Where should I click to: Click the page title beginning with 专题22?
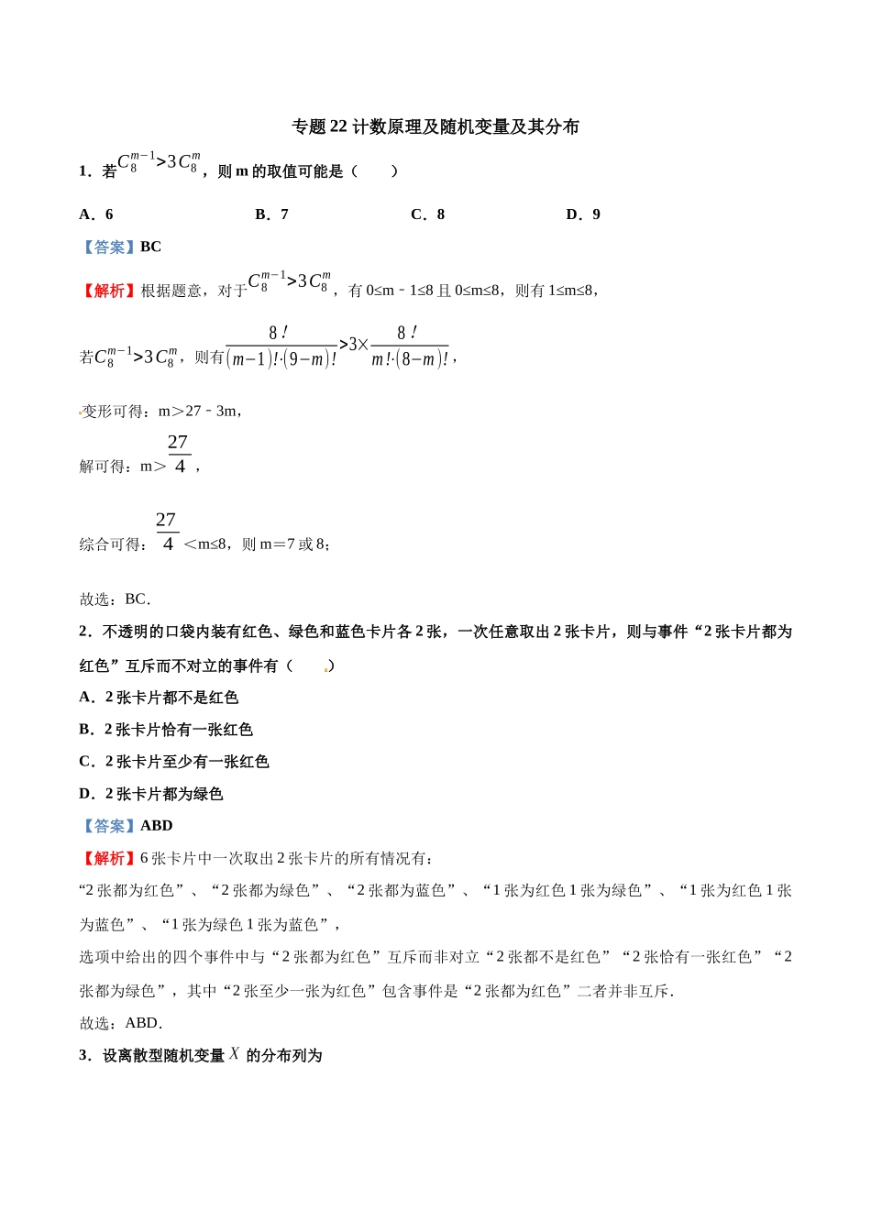(435, 126)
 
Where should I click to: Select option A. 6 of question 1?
(96, 214)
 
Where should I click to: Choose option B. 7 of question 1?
(271, 214)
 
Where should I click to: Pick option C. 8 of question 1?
(427, 214)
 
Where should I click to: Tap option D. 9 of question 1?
(583, 214)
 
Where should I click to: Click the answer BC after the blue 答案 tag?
(150, 247)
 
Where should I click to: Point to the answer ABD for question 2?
(156, 826)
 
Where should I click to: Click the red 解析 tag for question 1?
(109, 291)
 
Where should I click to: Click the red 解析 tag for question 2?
(109, 858)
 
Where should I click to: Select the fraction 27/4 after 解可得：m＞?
(179, 455)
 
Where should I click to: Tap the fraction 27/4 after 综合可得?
(167, 533)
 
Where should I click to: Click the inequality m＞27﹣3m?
(198, 412)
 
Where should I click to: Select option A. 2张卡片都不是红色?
(159, 698)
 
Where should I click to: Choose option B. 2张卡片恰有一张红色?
(166, 730)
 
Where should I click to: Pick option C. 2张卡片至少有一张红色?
(174, 762)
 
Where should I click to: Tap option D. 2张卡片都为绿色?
(151, 794)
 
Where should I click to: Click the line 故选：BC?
(115, 599)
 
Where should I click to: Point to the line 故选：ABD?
(120, 1023)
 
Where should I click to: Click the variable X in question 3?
(235, 1054)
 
